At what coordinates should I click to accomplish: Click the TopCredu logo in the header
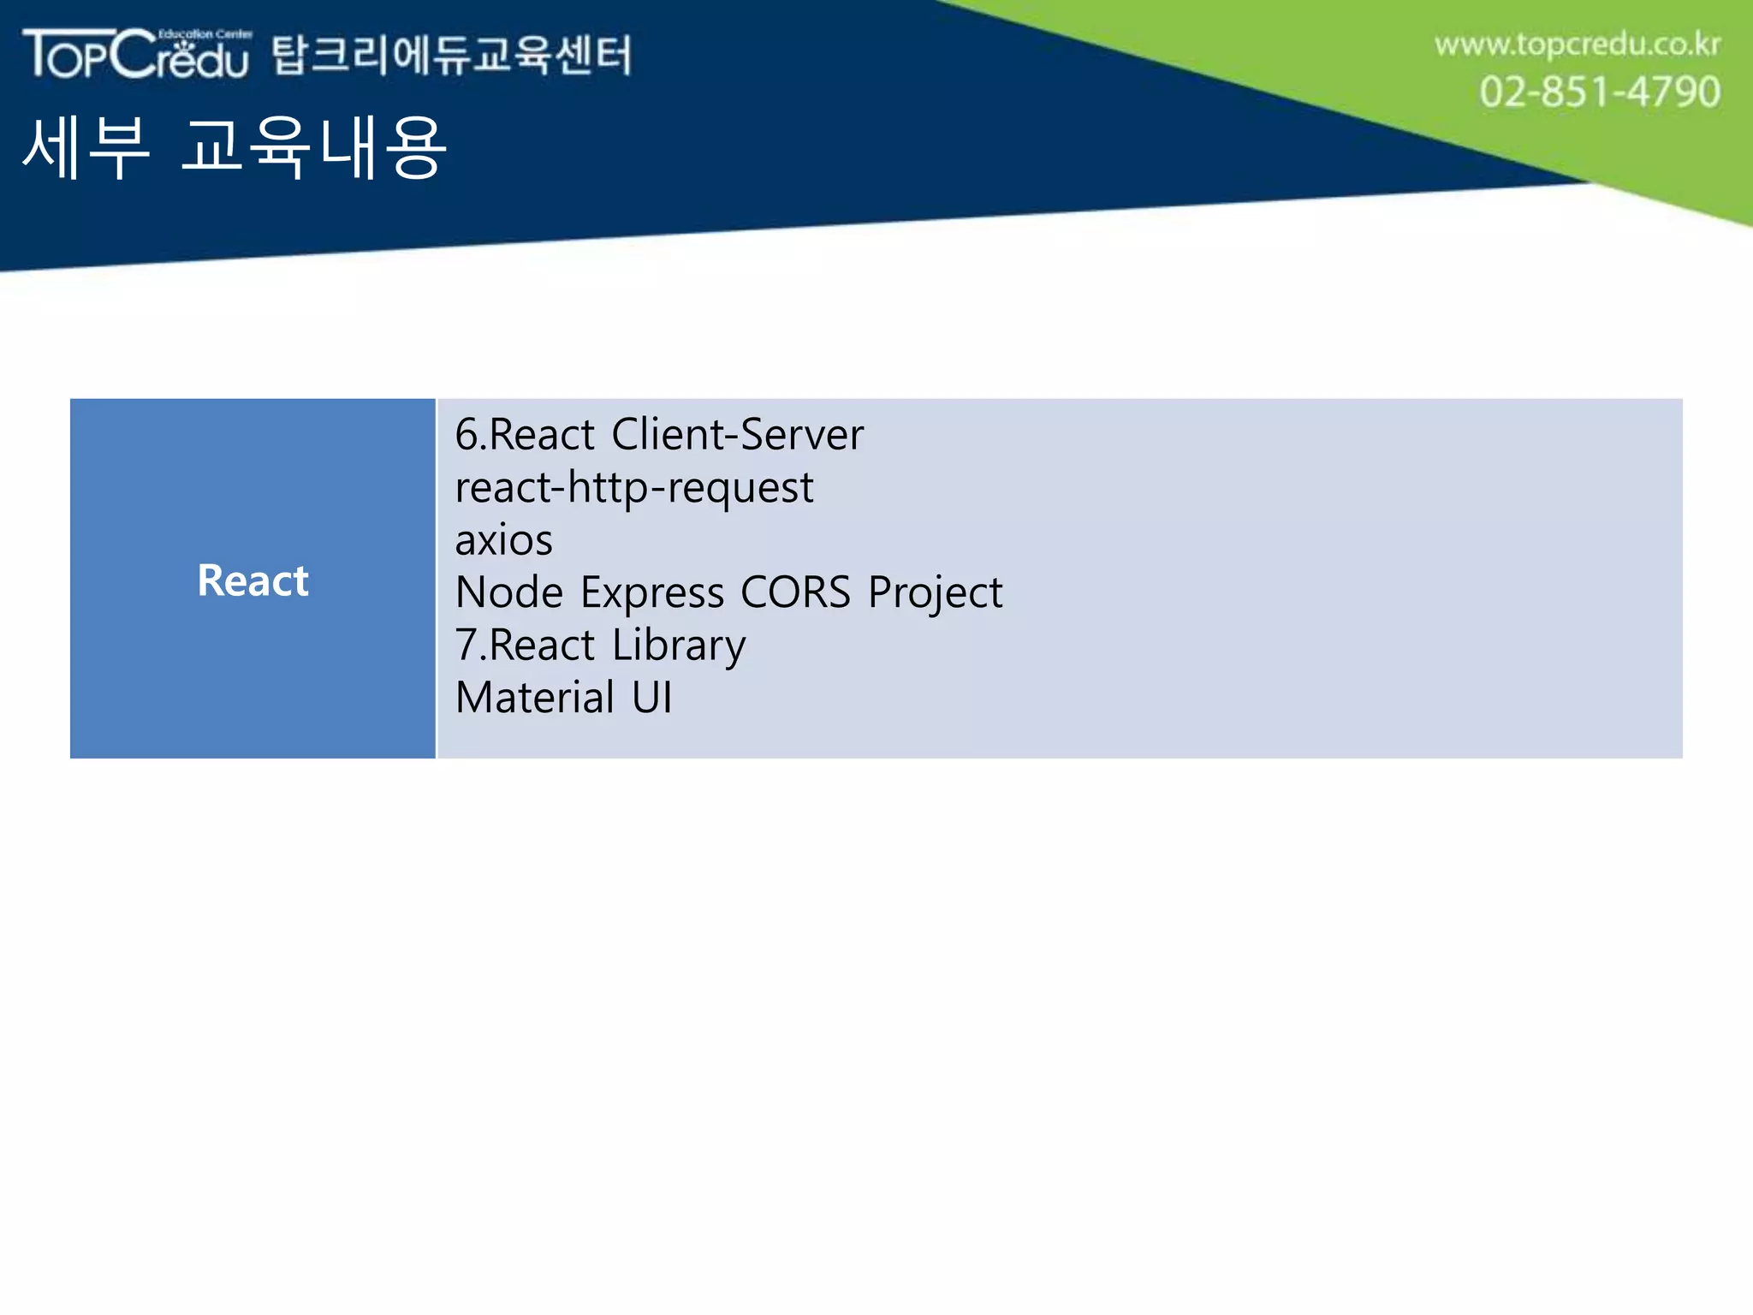137,55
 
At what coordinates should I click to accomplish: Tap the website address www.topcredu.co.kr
1577,45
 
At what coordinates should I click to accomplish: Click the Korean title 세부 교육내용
234,148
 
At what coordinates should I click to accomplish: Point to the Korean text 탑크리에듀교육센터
452,56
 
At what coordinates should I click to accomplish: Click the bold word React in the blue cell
253,580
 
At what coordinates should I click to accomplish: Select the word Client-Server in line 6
737,434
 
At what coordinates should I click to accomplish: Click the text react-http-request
633,488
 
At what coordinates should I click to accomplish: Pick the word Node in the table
509,592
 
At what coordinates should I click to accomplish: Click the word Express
652,593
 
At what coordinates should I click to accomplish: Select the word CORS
795,592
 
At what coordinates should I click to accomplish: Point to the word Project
935,593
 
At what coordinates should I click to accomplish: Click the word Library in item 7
679,646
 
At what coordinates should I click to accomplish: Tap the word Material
535,698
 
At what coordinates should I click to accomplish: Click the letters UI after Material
651,698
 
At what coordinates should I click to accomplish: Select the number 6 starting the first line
466,435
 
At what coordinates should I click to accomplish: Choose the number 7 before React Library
466,646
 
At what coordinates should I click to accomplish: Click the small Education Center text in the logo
205,34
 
